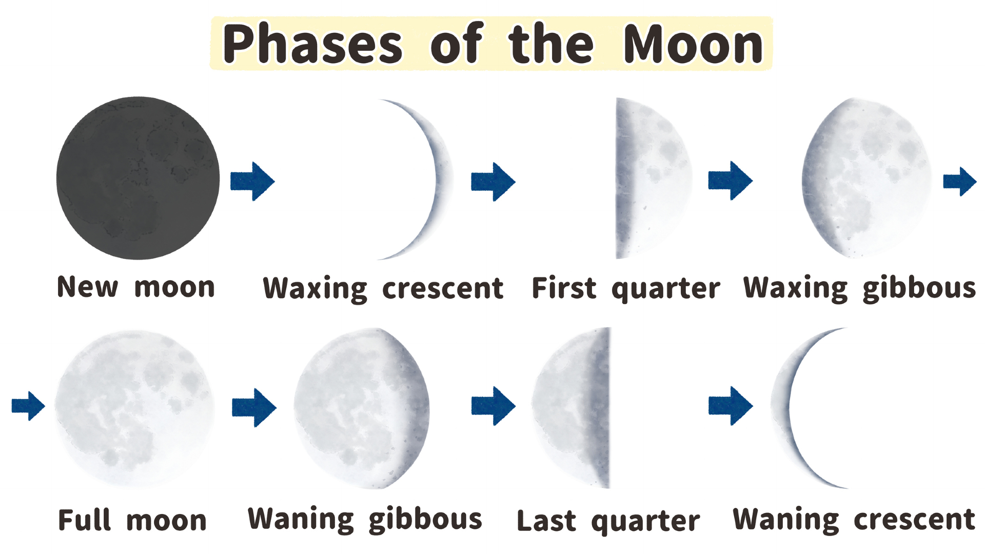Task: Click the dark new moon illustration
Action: tap(137, 178)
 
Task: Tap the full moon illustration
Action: tap(134, 408)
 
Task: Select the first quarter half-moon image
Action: tap(652, 178)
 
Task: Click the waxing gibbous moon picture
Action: tap(867, 178)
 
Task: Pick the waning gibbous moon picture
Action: tap(362, 408)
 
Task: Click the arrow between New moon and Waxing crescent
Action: tap(252, 181)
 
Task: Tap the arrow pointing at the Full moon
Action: tap(28, 406)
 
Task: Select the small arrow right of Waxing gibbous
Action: tap(959, 181)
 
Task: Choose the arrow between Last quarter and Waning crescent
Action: tap(731, 406)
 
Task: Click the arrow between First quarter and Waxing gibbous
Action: tap(730, 181)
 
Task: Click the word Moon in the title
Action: tap(693, 45)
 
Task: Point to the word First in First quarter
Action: tap(564, 288)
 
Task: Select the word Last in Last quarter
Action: tap(546, 521)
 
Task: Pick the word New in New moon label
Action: tap(87, 287)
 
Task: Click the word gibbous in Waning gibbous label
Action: tap(425, 520)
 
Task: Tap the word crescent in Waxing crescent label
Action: tap(443, 288)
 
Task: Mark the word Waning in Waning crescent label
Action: tap(785, 520)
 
